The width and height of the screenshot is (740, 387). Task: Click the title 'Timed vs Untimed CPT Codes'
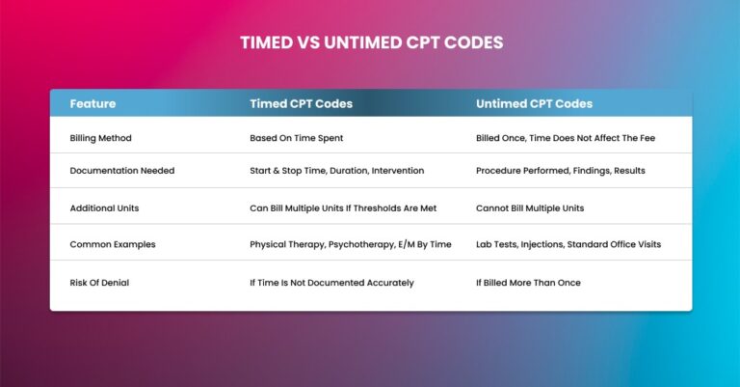pyautogui.click(x=370, y=43)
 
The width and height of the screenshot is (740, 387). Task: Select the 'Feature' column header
pyautogui.click(x=92, y=103)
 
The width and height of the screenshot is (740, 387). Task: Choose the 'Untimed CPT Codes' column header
pyautogui.click(x=534, y=103)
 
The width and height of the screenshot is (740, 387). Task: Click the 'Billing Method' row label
pyautogui.click(x=101, y=138)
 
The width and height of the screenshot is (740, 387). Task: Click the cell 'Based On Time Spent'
pyautogui.click(x=296, y=138)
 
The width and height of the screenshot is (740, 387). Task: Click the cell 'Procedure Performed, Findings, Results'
pyautogui.click(x=561, y=171)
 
